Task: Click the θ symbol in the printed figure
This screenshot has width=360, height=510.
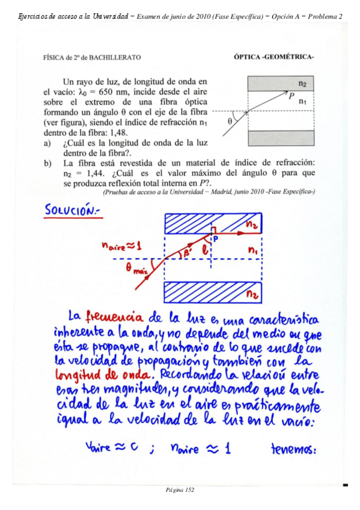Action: pyautogui.click(x=230, y=120)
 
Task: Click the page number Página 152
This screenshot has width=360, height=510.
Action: pyautogui.click(x=180, y=490)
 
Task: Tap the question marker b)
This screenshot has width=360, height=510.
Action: pyautogui.click(x=47, y=163)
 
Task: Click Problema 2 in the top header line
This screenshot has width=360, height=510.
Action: pyautogui.click(x=325, y=16)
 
